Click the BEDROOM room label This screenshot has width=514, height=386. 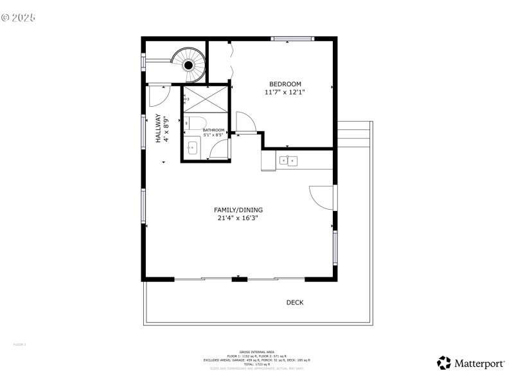click(x=285, y=84)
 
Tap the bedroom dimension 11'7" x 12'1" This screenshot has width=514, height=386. click(x=285, y=92)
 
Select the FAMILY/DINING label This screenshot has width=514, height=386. click(x=239, y=210)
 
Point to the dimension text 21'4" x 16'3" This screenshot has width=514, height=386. click(x=239, y=218)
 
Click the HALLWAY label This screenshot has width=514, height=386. click(x=158, y=128)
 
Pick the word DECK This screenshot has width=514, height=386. click(x=295, y=302)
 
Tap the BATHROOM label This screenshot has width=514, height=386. click(x=213, y=130)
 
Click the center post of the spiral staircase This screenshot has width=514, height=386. click(x=189, y=65)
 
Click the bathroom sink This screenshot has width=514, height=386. click(x=191, y=148)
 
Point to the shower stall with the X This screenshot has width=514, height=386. click(x=206, y=100)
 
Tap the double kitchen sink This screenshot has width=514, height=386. click(x=288, y=160)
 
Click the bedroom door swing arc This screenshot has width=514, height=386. click(x=246, y=122)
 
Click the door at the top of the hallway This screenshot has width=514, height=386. click(x=158, y=96)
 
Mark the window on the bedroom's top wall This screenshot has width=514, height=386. click(x=292, y=39)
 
